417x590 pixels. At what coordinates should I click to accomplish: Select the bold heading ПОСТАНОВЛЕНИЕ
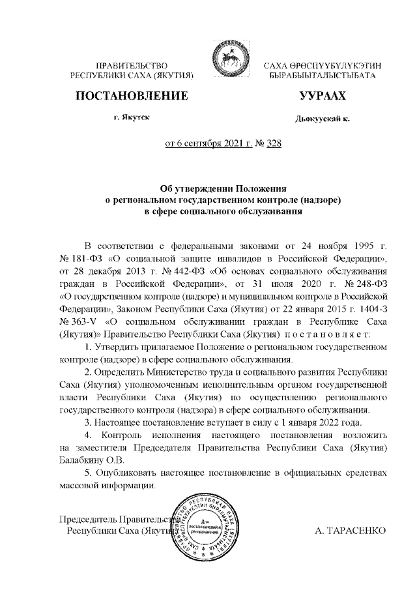(x=132, y=96)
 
